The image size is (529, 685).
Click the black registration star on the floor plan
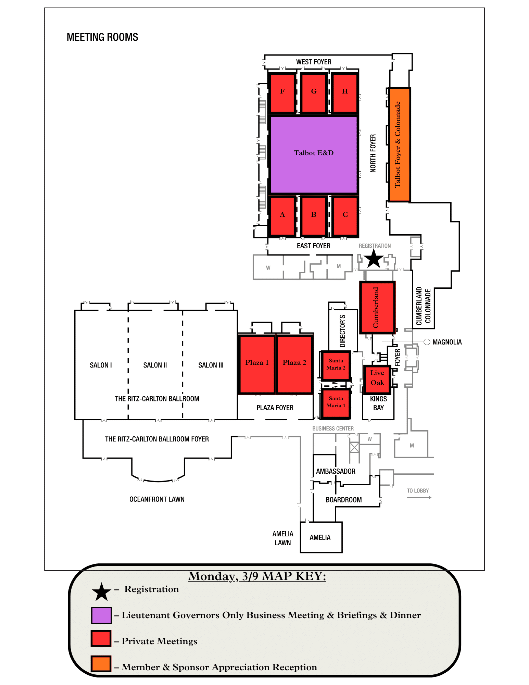[x=373, y=259]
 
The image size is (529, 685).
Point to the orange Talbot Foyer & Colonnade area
[x=399, y=145]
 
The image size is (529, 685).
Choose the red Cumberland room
[x=377, y=307]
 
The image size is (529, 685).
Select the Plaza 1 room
[x=257, y=364]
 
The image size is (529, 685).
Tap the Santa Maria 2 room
[x=336, y=365]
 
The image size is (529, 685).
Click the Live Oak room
[x=377, y=379]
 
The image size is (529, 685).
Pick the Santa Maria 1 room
[x=336, y=403]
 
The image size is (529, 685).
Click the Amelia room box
[x=321, y=537]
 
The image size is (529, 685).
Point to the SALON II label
[x=155, y=365]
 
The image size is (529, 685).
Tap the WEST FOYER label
[x=314, y=62]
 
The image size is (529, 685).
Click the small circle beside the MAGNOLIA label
[x=427, y=342]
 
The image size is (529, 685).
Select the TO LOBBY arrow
[x=419, y=497]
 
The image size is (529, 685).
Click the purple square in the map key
[x=101, y=615]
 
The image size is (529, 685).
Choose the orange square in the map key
[x=101, y=664]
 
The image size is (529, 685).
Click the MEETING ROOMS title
[x=102, y=37]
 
